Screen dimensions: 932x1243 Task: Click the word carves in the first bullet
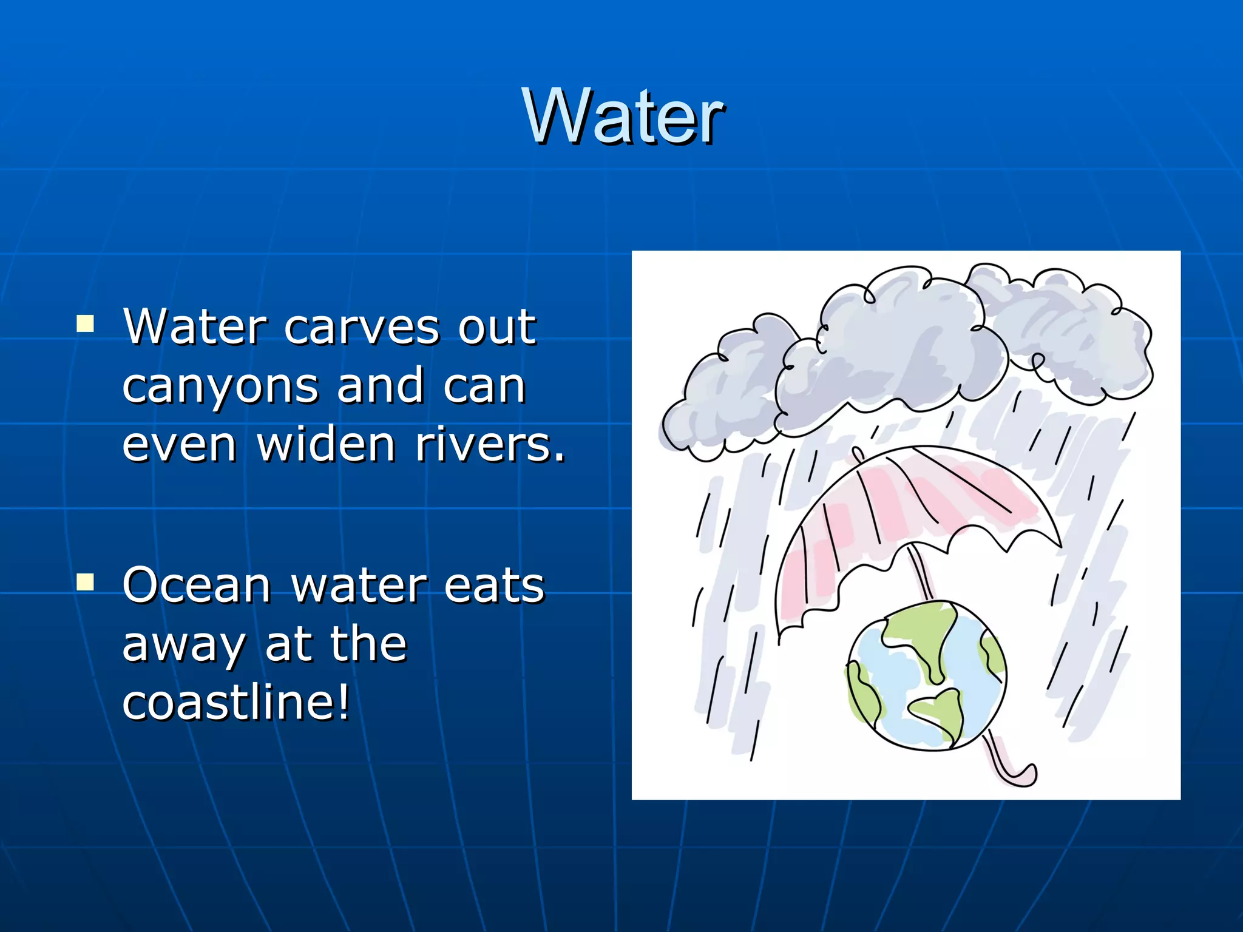tap(362, 328)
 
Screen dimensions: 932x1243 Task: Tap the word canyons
tap(220, 387)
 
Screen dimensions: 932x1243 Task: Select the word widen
tap(327, 444)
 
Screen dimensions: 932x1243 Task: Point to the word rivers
tap(489, 444)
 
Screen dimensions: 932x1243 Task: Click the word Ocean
tap(196, 585)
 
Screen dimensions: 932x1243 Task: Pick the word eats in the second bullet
tap(494, 586)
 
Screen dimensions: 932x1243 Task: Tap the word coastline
tap(235, 703)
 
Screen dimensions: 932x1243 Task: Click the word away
tap(183, 646)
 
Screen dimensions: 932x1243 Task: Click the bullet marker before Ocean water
tap(85, 582)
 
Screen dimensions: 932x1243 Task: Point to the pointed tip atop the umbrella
tap(857, 453)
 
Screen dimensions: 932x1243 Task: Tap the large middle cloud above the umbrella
tap(892, 352)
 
